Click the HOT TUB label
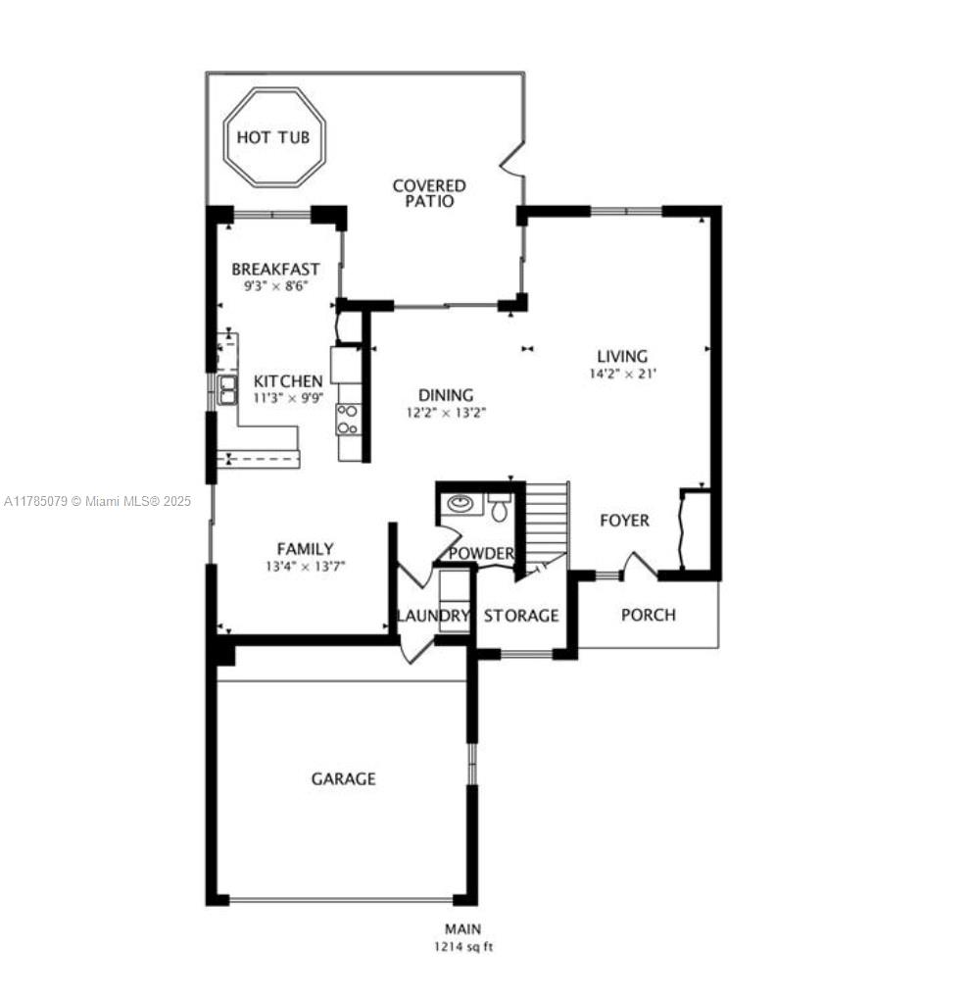(272, 137)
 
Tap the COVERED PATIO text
(429, 193)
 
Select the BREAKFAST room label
(275, 270)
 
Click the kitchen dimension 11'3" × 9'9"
(289, 398)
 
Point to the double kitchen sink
(227, 390)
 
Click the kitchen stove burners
(348, 420)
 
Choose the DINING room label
(446, 395)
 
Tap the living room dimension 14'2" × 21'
(622, 374)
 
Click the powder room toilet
(499, 507)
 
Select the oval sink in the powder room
(459, 504)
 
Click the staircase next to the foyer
(546, 520)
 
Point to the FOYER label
(624, 521)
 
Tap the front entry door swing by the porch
(639, 567)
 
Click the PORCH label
(649, 615)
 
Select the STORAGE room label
(521, 616)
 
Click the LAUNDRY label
(433, 616)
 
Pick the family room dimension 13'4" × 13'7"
(306, 566)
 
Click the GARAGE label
(344, 778)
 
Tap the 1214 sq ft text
(463, 947)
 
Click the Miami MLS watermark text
(98, 501)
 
